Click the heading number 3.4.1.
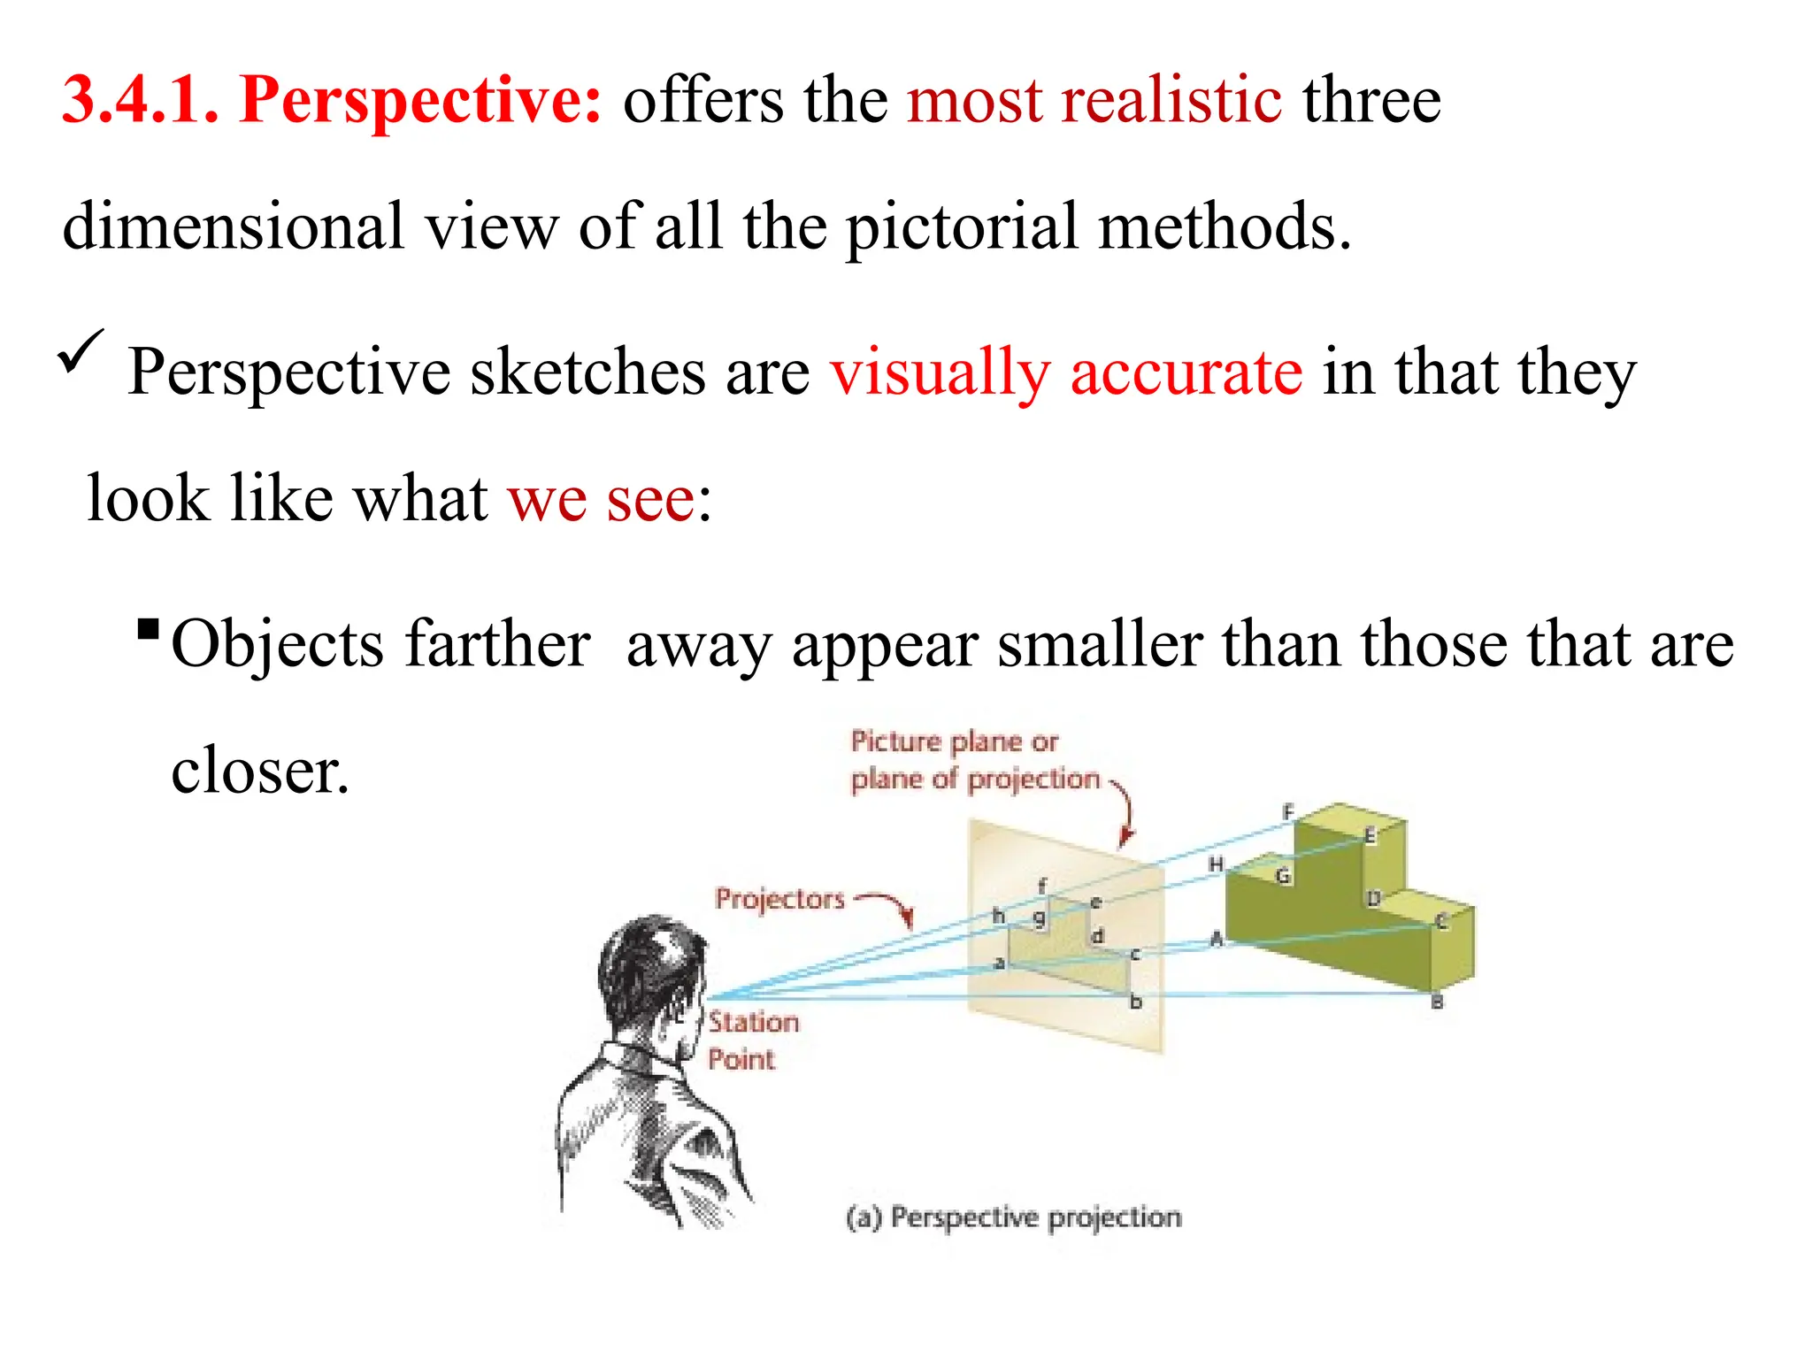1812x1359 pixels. click(x=140, y=99)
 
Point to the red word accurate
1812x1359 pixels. click(x=1186, y=372)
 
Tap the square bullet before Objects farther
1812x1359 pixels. click(x=149, y=630)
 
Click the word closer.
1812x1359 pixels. click(x=259, y=771)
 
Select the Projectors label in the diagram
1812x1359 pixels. click(x=779, y=899)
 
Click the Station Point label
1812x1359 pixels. click(x=753, y=1040)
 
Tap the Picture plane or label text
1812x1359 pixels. click(x=954, y=741)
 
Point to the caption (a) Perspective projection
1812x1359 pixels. click(x=1014, y=1217)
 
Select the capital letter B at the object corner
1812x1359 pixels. click(x=1437, y=1002)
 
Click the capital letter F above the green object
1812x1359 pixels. click(x=1288, y=810)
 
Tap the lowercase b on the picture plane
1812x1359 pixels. click(x=1136, y=1002)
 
